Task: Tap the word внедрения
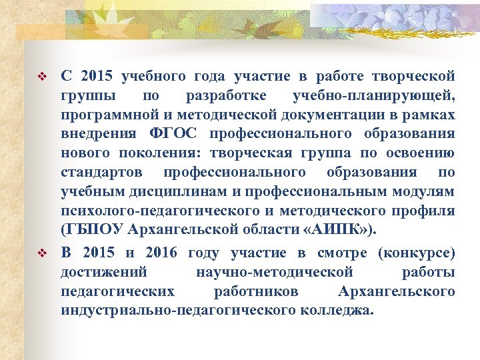94,133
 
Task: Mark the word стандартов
101,173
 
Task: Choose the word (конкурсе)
416,253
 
